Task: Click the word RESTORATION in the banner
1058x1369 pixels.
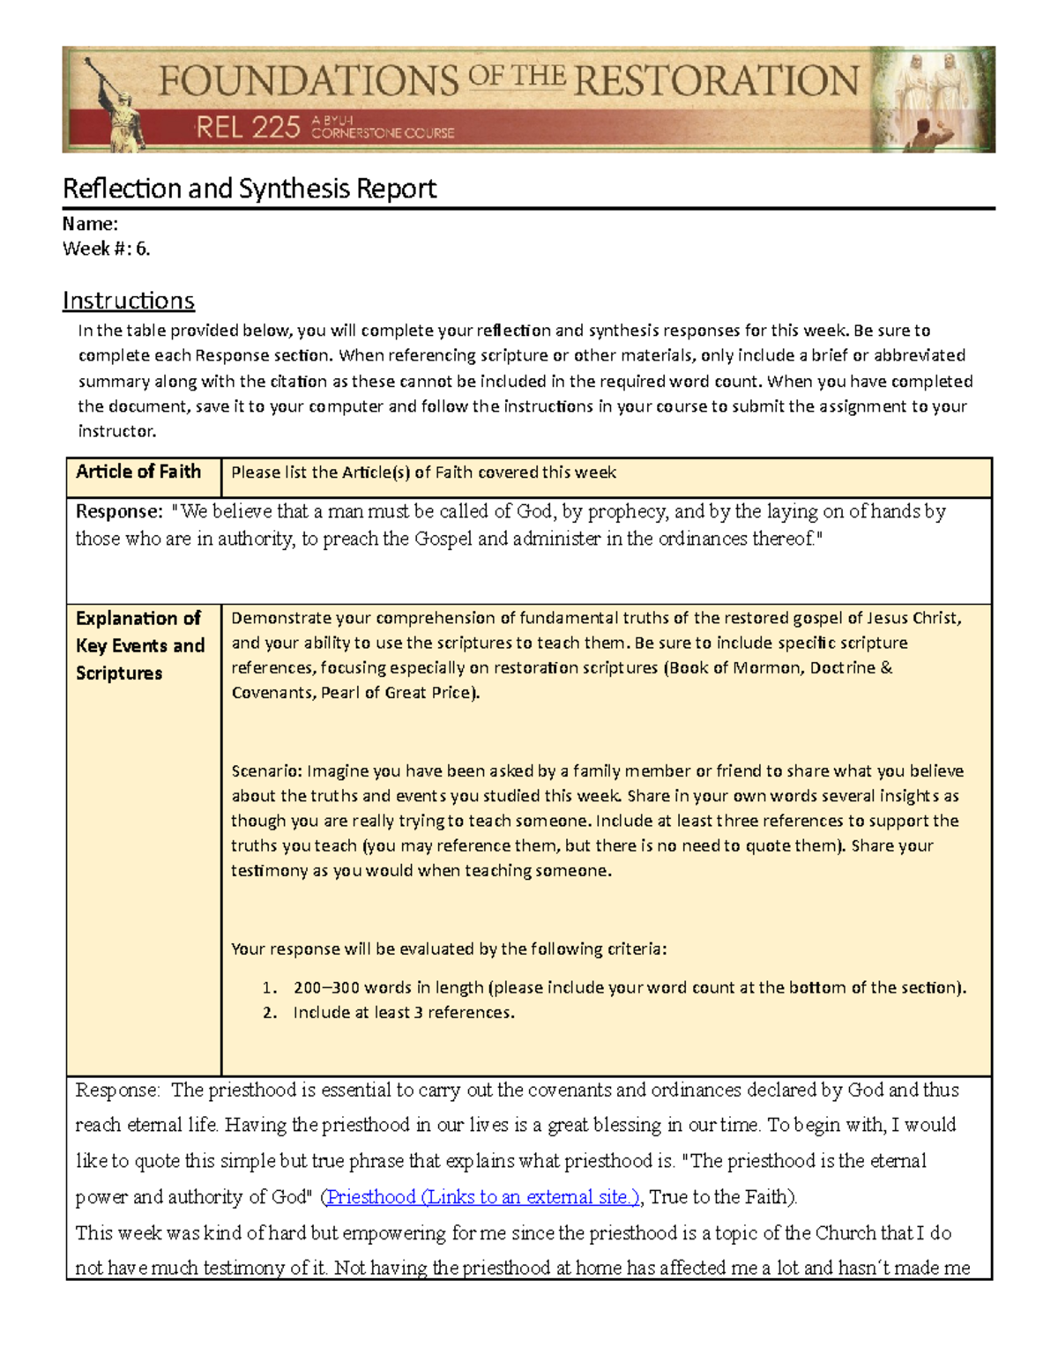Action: pyautogui.click(x=716, y=80)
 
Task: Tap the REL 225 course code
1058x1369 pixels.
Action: pyautogui.click(x=248, y=129)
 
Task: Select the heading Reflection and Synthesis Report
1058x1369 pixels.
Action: pyautogui.click(x=250, y=188)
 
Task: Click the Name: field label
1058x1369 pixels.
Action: pyautogui.click(x=90, y=224)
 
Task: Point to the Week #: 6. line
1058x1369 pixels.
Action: pyautogui.click(x=106, y=249)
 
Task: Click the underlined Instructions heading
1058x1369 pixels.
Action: pyautogui.click(x=128, y=301)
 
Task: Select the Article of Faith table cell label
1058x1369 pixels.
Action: pyautogui.click(x=138, y=472)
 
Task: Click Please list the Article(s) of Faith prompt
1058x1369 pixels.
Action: pyautogui.click(x=423, y=472)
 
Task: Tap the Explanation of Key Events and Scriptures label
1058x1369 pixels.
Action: pyautogui.click(x=139, y=645)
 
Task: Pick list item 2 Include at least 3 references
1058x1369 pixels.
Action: pyautogui.click(x=403, y=1012)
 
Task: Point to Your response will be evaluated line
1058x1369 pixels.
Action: pyautogui.click(x=448, y=949)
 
